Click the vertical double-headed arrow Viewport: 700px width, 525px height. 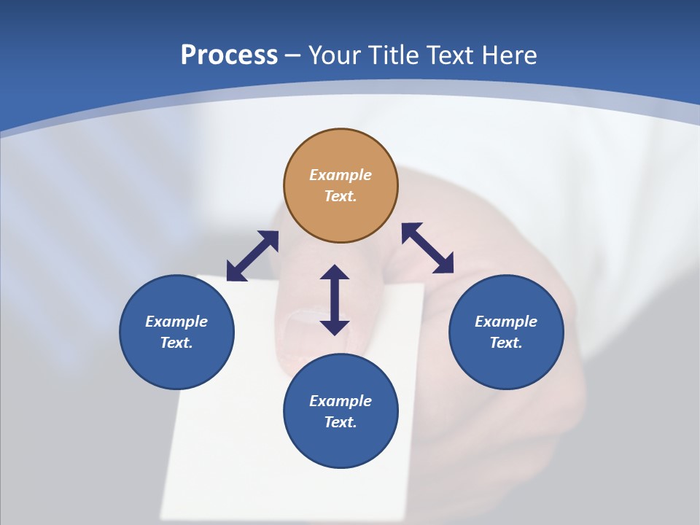point(335,300)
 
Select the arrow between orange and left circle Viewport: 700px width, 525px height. point(252,256)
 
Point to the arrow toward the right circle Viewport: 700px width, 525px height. point(427,248)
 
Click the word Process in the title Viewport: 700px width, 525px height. point(229,55)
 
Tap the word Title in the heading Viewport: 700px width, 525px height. point(394,55)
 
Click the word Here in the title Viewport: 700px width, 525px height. point(510,55)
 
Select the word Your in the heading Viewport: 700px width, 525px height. point(335,55)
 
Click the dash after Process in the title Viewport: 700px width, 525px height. point(293,55)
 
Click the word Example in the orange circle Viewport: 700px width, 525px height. point(341,175)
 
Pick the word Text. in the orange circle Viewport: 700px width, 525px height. point(341,196)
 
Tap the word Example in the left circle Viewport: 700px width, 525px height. point(176,322)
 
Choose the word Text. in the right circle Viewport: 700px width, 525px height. point(506,343)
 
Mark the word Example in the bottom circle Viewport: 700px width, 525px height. point(341,401)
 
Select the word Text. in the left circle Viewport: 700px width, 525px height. point(176,343)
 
